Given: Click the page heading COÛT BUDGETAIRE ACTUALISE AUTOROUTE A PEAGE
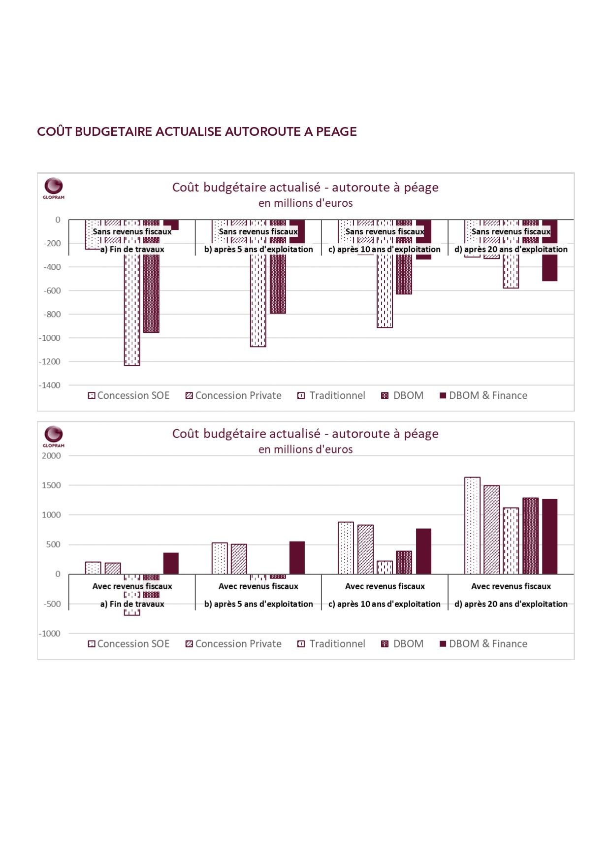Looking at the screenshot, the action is (x=197, y=131).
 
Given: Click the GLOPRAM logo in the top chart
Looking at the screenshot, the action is (x=54, y=188).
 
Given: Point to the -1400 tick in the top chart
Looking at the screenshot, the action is (x=50, y=385).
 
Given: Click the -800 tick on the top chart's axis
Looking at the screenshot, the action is (x=52, y=314).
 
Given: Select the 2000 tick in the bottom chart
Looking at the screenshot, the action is (x=52, y=455).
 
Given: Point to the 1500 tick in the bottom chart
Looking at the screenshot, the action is (x=52, y=485).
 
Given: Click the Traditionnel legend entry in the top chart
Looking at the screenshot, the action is (x=331, y=395).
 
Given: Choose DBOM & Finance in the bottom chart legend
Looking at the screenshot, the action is (x=483, y=643).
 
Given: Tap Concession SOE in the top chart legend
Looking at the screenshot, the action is (x=129, y=395).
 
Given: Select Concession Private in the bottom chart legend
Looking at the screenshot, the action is (x=233, y=643).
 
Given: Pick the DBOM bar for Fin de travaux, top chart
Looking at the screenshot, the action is (x=151, y=276).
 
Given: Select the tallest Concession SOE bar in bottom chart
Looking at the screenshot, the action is (x=472, y=525).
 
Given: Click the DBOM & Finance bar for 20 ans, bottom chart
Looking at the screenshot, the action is (x=549, y=537).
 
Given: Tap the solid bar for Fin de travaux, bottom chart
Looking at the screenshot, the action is (x=171, y=563).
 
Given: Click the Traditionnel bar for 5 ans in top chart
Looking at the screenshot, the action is (x=258, y=283).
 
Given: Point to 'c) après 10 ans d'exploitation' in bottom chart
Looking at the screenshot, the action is (x=385, y=604).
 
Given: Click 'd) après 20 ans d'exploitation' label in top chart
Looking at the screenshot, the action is (x=511, y=249).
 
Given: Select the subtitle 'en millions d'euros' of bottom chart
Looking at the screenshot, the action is (x=306, y=449).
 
